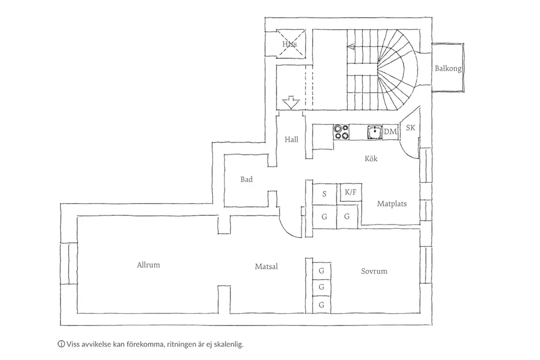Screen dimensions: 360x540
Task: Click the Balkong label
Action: [448, 69]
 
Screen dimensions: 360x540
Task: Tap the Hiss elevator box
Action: [290, 43]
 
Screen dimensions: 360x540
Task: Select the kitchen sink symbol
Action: [373, 132]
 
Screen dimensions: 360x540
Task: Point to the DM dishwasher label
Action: [390, 132]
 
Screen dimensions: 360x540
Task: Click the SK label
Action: [410, 128]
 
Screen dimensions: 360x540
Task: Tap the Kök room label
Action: [371, 159]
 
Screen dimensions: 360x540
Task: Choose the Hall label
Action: [292, 139]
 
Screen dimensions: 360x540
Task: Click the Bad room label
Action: [246, 179]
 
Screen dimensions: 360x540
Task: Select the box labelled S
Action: [324, 194]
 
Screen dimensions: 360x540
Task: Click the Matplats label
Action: [391, 204]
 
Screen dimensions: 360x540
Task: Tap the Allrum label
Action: [148, 265]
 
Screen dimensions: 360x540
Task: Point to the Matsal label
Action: [266, 266]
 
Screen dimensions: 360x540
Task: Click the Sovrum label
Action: [374, 271]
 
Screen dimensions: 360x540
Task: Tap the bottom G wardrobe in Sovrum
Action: [321, 305]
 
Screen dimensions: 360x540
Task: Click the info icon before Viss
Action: [60, 343]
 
